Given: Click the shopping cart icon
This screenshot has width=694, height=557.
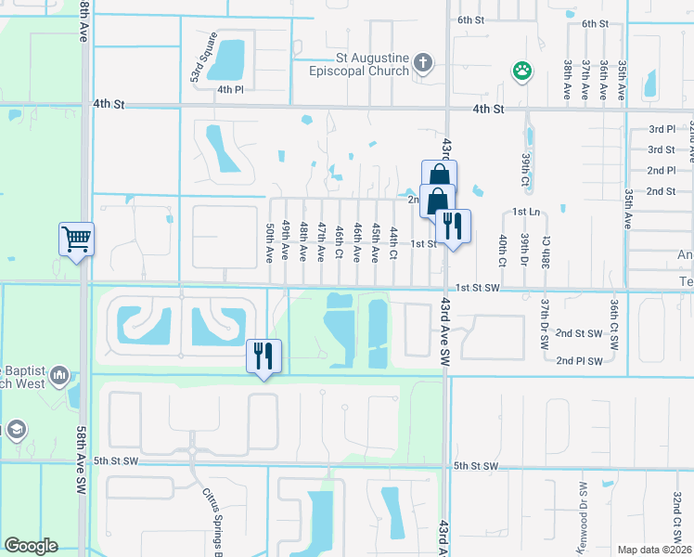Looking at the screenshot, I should pyautogui.click(x=76, y=239).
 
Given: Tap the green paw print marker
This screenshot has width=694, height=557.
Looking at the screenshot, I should pyautogui.click(x=523, y=71).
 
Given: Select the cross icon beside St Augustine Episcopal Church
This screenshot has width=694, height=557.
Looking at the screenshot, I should pyautogui.click(x=422, y=64).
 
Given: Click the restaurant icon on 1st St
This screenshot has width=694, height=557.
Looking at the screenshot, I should pyautogui.click(x=452, y=226).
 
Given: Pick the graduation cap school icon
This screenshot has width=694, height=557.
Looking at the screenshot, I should pyautogui.click(x=16, y=429).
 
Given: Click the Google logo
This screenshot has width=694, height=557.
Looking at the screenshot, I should pyautogui.click(x=31, y=546).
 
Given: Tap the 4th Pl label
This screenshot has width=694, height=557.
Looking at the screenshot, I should pyautogui.click(x=229, y=90).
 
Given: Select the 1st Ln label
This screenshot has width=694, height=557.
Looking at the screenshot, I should pyautogui.click(x=525, y=213).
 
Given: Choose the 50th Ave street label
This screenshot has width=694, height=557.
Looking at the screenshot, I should pyautogui.click(x=270, y=240).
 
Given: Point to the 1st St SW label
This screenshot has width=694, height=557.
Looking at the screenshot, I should pyautogui.click(x=478, y=289).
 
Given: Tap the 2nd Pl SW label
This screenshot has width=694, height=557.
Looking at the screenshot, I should pyautogui.click(x=579, y=361).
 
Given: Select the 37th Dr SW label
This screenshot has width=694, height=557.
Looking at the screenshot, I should pyautogui.click(x=545, y=324).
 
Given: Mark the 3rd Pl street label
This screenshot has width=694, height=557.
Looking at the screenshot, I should pyautogui.click(x=662, y=129).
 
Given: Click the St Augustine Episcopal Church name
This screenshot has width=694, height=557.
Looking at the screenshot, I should pyautogui.click(x=373, y=64).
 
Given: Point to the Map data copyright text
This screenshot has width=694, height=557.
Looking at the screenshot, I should pyautogui.click(x=653, y=550).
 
